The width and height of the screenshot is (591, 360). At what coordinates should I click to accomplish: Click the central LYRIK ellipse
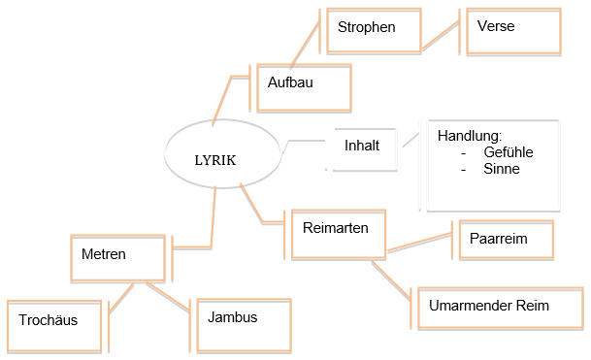tap(214, 156)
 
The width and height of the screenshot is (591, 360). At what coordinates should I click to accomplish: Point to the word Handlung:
tap(469, 137)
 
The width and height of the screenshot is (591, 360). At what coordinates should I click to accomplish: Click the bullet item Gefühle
tap(508, 152)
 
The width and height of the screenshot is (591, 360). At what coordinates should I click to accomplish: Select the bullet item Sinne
tap(501, 169)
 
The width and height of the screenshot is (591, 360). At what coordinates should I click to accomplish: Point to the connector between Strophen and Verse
tap(442, 37)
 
